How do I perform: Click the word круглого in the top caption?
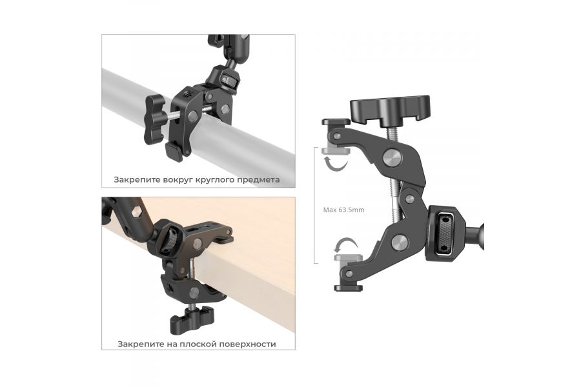coord(212,181)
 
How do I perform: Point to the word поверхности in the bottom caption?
coord(247,344)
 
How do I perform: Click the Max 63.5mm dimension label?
coord(343,210)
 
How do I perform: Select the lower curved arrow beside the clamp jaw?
coord(345,246)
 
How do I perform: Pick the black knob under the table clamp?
coord(192,318)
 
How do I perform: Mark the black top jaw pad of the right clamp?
coord(336,122)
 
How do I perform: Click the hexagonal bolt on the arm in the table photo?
coord(136,212)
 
